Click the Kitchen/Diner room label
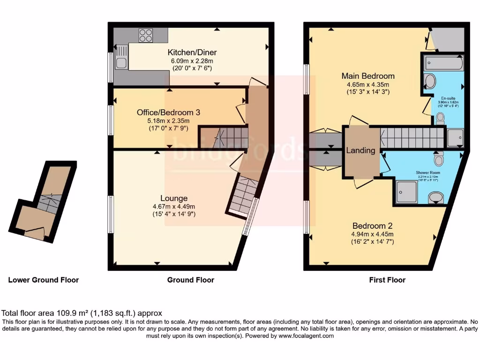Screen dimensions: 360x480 click(x=192, y=52)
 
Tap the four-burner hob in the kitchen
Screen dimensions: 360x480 click(x=146, y=35)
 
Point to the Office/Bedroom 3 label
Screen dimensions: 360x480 click(x=168, y=112)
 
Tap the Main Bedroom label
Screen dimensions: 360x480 click(x=368, y=76)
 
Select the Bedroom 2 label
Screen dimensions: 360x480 click(x=373, y=225)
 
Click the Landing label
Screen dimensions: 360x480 click(x=360, y=150)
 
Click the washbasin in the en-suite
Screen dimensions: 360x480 click(x=429, y=82)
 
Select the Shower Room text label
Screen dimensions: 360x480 click(x=427, y=172)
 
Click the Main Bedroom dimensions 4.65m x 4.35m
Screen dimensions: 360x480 click(x=368, y=84)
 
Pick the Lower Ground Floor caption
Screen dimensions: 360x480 click(x=44, y=280)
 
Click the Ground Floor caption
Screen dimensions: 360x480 click(x=191, y=280)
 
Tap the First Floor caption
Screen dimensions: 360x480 click(x=387, y=280)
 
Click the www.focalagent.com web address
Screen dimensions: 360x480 click(x=306, y=336)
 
